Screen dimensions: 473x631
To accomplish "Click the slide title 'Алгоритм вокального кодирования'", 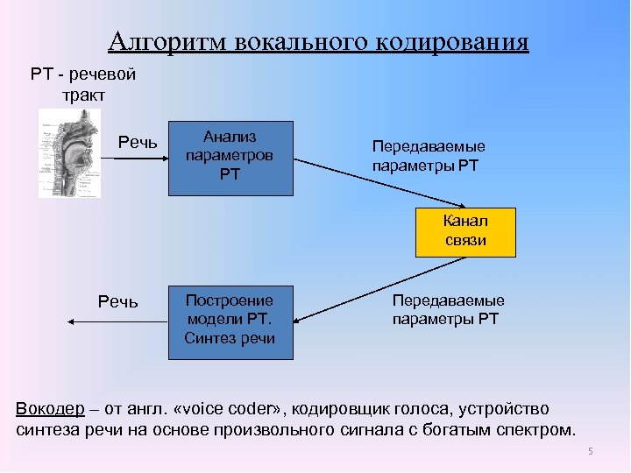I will point(319,43).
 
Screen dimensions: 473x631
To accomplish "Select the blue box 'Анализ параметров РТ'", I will point(230,156).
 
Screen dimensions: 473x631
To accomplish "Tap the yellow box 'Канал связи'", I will point(465,231).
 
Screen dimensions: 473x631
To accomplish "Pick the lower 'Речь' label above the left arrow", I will point(118,301).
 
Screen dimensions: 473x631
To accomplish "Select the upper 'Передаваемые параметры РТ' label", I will point(429,156).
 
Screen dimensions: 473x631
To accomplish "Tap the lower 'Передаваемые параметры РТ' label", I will point(448,310).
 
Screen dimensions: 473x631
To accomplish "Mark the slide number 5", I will point(591,451).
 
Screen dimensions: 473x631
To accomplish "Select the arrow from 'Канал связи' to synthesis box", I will point(368,286).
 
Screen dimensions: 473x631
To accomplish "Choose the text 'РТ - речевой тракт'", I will point(82,85).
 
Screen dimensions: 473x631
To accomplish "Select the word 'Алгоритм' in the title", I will point(167,43).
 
